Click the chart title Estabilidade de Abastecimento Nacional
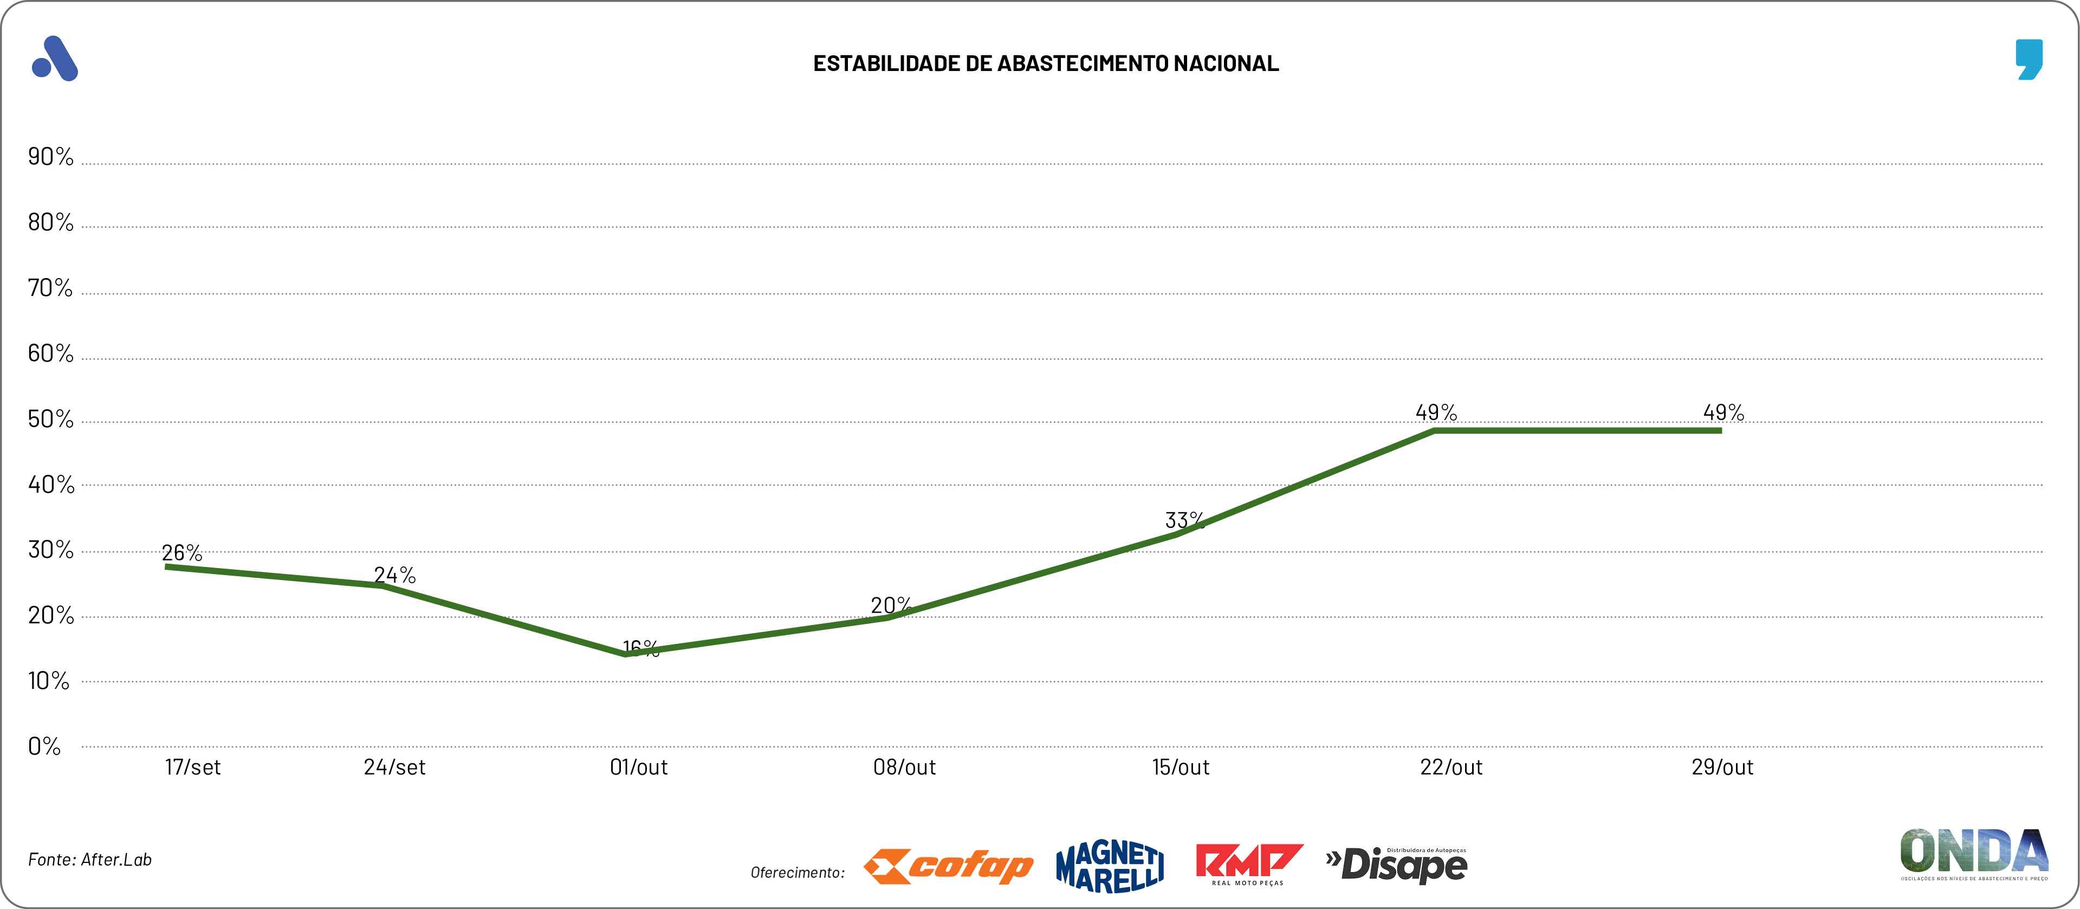1046,63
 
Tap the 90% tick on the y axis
50,156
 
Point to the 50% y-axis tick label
50,418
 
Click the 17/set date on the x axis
192,767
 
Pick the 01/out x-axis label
639,767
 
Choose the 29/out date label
1722,767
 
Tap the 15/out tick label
1181,767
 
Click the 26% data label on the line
182,553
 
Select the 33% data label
1184,519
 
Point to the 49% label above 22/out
1436,412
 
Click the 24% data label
394,575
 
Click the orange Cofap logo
948,866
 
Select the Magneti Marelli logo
1110,867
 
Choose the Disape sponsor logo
1397,865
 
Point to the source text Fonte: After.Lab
89,859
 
